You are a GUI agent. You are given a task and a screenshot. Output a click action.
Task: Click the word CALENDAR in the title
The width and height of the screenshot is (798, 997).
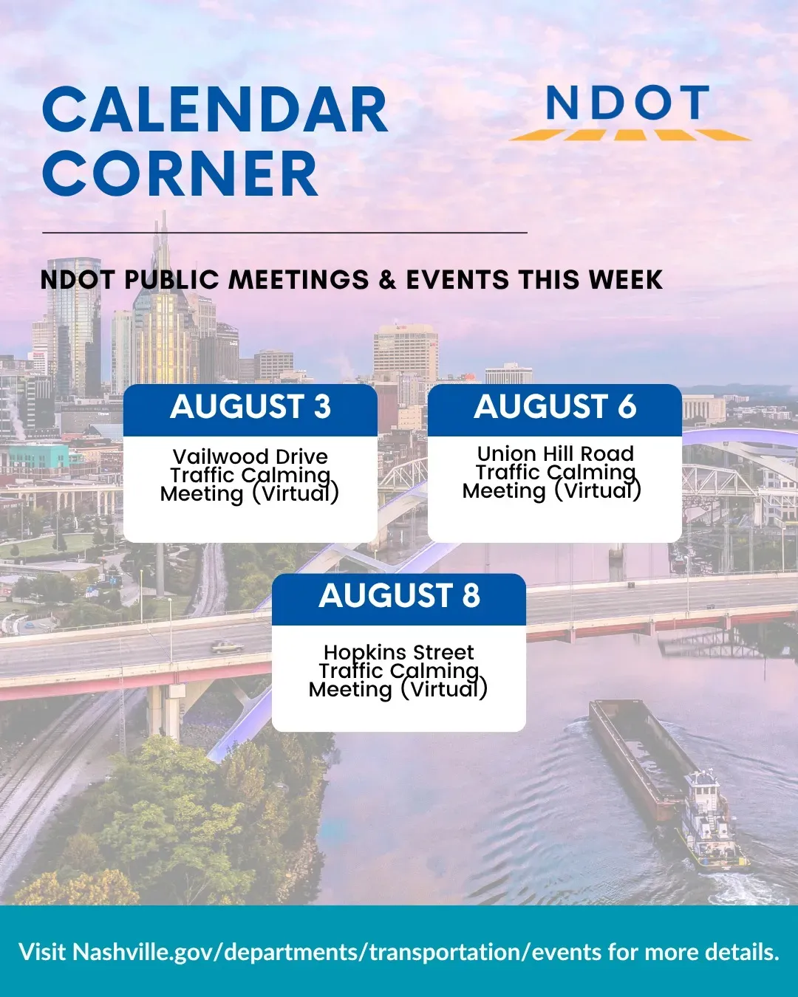215,110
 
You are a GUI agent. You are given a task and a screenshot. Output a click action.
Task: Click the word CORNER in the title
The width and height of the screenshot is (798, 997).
180,174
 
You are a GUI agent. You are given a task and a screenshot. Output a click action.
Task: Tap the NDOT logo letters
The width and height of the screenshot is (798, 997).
628,103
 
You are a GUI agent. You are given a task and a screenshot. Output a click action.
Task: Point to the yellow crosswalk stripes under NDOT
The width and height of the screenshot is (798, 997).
630,135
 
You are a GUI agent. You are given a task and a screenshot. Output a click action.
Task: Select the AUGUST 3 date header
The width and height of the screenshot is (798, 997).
250,406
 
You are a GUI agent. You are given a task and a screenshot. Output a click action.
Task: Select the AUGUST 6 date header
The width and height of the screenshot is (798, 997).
555,406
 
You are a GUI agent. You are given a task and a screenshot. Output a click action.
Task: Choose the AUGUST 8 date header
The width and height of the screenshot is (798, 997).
399,595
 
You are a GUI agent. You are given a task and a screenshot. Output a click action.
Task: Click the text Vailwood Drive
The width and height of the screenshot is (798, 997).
250,457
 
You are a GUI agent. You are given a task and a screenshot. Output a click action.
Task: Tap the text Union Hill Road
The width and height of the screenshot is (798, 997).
555,453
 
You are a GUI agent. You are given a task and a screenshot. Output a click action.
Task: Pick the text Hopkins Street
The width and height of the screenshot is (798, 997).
399,652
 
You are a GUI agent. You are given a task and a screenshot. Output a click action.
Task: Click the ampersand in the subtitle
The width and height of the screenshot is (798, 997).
388,280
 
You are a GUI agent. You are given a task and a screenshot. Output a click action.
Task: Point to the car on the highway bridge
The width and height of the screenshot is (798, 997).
227,647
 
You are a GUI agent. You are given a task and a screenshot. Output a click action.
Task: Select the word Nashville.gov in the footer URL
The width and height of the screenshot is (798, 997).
144,953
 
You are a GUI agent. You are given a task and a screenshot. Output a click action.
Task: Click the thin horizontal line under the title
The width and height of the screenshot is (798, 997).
284,232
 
